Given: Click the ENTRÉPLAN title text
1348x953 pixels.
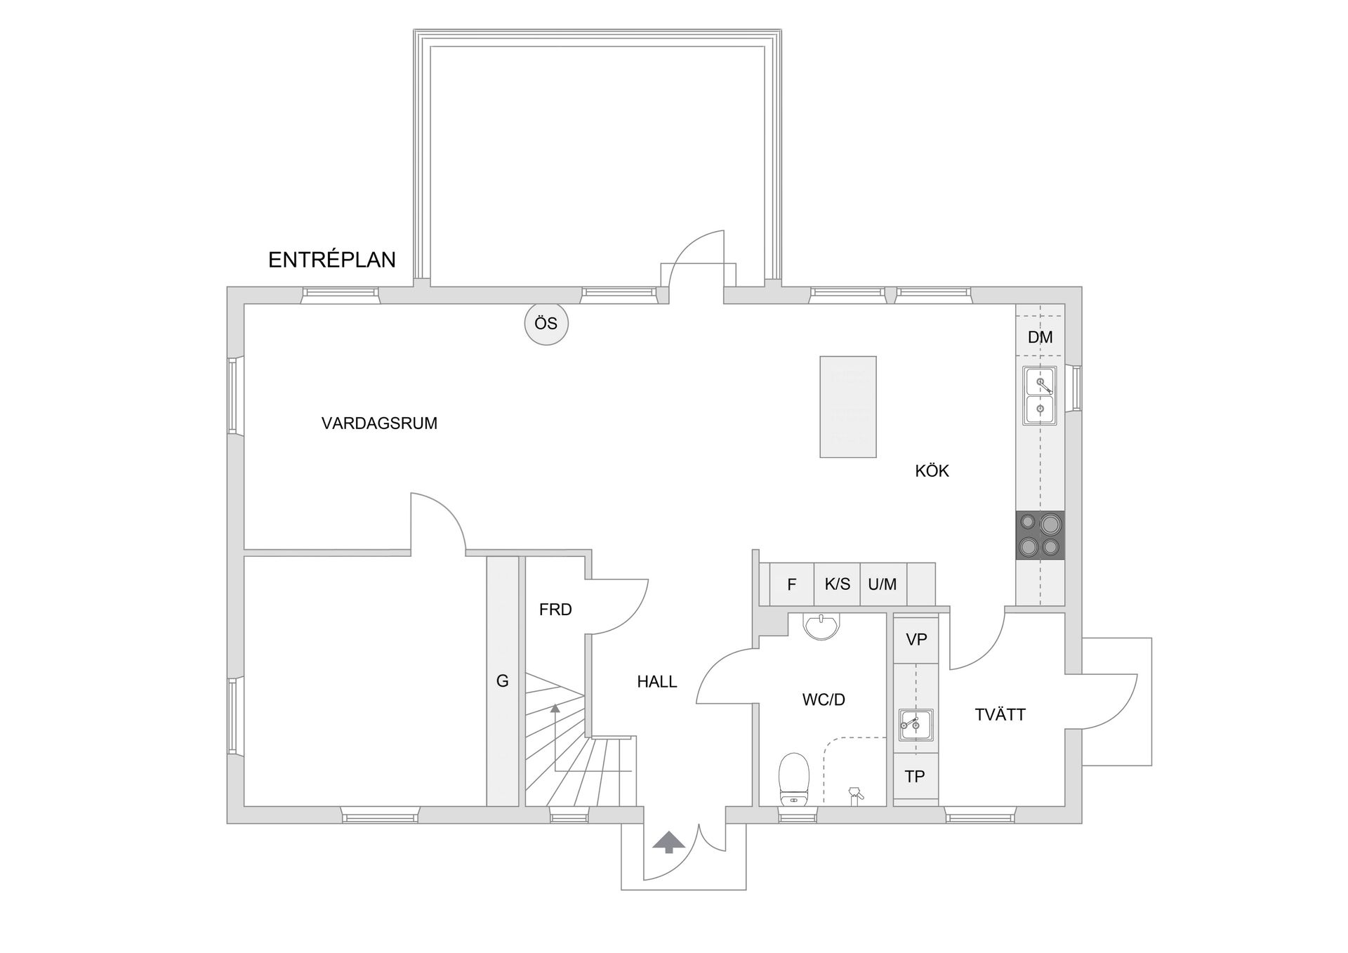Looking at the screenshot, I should [331, 260].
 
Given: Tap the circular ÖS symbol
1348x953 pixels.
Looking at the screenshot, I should [546, 324].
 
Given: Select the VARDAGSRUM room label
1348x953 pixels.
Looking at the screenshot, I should [379, 423].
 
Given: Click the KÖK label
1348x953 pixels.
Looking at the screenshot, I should [932, 471].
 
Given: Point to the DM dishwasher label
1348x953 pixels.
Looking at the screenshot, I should [1040, 337].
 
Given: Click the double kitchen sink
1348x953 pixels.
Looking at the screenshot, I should [1040, 395].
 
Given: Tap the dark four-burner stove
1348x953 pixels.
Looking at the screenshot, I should [1040, 535].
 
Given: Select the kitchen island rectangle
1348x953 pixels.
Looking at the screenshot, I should [848, 407].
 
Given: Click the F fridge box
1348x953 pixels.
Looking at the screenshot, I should [792, 584].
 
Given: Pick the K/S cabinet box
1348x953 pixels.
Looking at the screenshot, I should [837, 584].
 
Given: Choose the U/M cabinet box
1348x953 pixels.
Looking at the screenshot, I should [883, 584].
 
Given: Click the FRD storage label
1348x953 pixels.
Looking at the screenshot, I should [555, 610].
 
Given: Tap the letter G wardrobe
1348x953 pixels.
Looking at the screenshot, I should [503, 681].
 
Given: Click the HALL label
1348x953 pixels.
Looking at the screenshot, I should [657, 681].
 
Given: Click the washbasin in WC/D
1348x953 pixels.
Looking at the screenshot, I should [821, 626].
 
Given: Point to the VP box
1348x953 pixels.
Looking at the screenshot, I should [916, 640].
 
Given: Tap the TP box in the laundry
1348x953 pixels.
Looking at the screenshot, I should [915, 777].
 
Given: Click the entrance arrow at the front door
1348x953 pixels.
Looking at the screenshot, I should [668, 841].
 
